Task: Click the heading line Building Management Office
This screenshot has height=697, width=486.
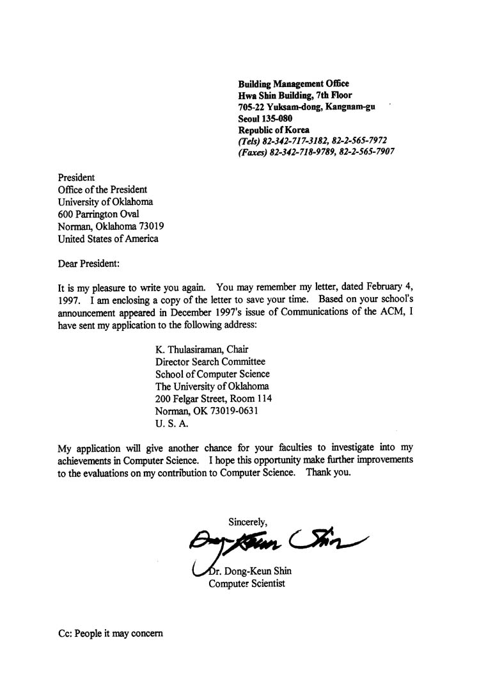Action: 293,84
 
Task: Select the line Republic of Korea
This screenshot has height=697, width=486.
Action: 273,130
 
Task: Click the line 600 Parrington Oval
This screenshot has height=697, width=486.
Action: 98,214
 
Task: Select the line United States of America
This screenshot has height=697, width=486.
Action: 108,239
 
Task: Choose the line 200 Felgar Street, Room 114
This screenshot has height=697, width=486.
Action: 214,399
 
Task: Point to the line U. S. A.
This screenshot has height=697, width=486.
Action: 172,423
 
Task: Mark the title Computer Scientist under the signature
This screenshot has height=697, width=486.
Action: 247,584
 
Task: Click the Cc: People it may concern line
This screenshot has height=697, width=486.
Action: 111,634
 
